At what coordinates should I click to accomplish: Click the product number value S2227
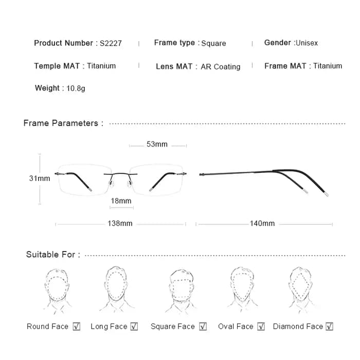pyautogui.click(x=111, y=43)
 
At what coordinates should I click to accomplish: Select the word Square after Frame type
pyautogui.click(x=213, y=43)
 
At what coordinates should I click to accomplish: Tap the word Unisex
pyautogui.click(x=307, y=43)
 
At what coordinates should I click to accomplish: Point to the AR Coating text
pyautogui.click(x=221, y=67)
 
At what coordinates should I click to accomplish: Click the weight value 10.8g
pyautogui.click(x=76, y=88)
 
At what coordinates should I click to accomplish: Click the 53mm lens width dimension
pyautogui.click(x=157, y=144)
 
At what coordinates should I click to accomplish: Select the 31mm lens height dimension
pyautogui.click(x=40, y=178)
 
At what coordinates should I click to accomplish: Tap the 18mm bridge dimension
pyautogui.click(x=121, y=201)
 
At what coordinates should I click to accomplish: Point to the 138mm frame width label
pyautogui.click(x=120, y=223)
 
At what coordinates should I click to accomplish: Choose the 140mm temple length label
pyautogui.click(x=262, y=223)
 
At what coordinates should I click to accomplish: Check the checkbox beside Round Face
pyautogui.click(x=77, y=326)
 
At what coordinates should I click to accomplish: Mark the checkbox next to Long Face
pyautogui.click(x=134, y=326)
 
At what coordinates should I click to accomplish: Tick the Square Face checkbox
pyautogui.click(x=203, y=326)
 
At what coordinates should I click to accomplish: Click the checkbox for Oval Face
pyautogui.click(x=261, y=326)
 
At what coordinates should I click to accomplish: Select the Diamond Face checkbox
pyautogui.click(x=330, y=326)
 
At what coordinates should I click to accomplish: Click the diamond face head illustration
pyautogui.click(x=300, y=290)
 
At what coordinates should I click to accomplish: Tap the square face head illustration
pyautogui.click(x=181, y=291)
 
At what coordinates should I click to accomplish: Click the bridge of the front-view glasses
pyautogui.click(x=120, y=174)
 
